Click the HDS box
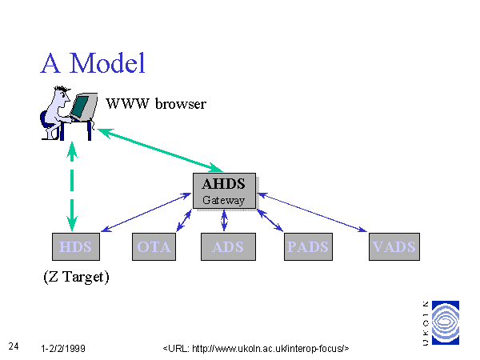[x=76, y=246]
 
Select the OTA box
[x=154, y=246]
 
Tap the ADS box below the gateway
[x=228, y=246]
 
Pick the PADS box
[x=308, y=246]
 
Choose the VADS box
[x=394, y=246]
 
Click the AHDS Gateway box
[x=224, y=190]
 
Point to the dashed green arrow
[x=72, y=186]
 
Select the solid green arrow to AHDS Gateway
[x=160, y=150]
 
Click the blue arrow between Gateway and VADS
[x=313, y=212]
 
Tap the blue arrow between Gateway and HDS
[x=146, y=212]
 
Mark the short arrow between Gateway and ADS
[x=224, y=220]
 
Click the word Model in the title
[x=107, y=63]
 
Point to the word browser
[x=181, y=104]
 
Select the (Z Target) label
[x=76, y=277]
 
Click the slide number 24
[x=14, y=346]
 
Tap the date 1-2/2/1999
[x=63, y=348]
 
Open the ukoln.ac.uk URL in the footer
[x=256, y=348]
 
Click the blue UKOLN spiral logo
[x=446, y=322]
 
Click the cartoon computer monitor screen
[x=80, y=106]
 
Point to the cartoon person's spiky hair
[x=62, y=89]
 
